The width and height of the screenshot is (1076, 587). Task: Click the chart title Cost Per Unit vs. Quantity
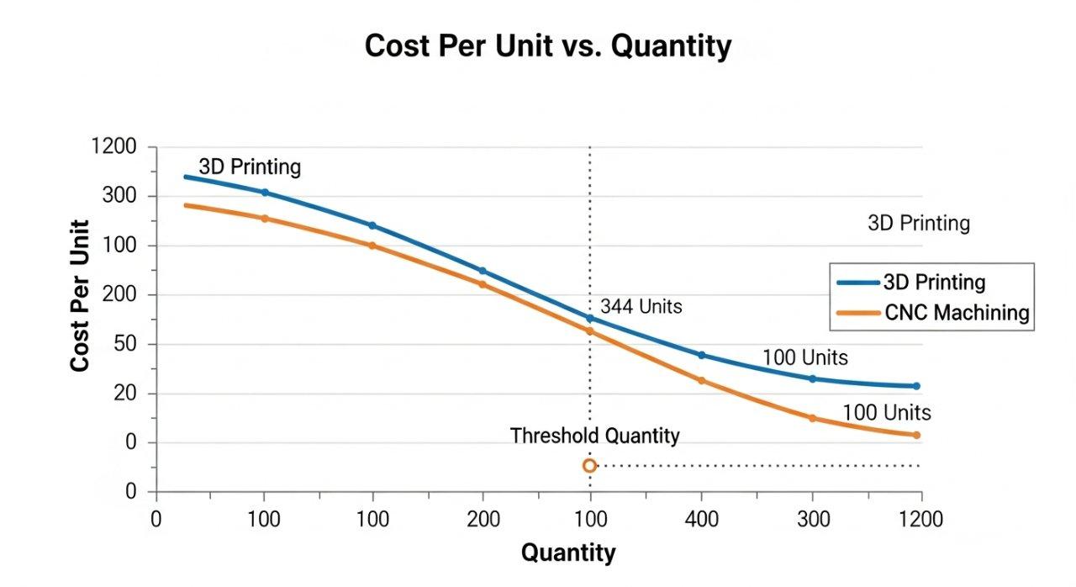[547, 46]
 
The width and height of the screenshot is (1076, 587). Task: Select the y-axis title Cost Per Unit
[80, 295]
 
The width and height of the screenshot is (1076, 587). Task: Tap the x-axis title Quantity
[568, 553]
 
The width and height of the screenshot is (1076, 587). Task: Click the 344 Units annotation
[641, 307]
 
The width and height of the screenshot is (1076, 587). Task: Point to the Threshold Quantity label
[594, 436]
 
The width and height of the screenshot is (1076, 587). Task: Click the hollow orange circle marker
[589, 466]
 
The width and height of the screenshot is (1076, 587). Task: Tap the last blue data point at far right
[916, 386]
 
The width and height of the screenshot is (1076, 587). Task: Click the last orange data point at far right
[916, 435]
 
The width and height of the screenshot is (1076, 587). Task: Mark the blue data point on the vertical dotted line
[589, 319]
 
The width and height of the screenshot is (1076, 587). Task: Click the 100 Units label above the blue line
[804, 357]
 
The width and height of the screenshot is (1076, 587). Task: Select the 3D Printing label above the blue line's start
[250, 167]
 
